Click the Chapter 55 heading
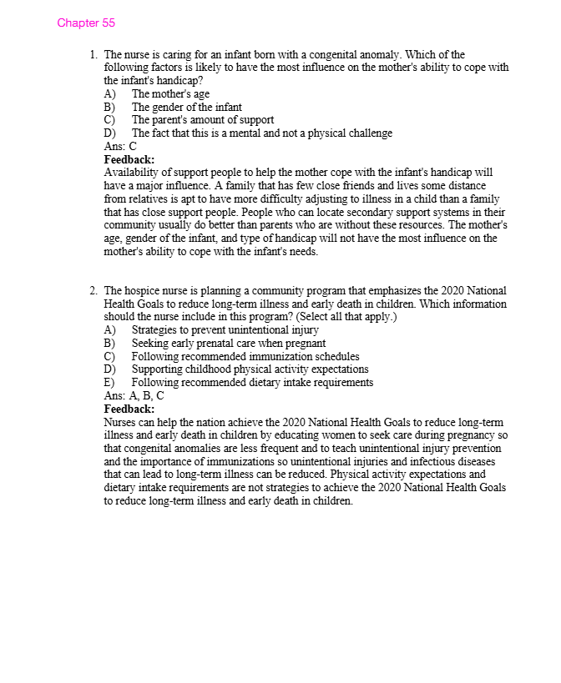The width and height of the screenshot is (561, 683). [86, 23]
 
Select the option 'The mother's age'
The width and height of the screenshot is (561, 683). [170, 94]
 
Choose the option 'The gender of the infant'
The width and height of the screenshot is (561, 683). [186, 107]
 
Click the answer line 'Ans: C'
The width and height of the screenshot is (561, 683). [120, 146]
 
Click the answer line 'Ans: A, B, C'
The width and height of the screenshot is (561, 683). [134, 395]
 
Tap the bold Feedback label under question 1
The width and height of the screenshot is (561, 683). [129, 159]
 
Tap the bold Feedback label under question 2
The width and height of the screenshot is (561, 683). [129, 409]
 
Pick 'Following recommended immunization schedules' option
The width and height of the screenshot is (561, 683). [245, 356]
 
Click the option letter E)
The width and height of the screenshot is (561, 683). [109, 383]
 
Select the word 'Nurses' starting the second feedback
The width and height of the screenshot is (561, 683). [120, 423]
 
